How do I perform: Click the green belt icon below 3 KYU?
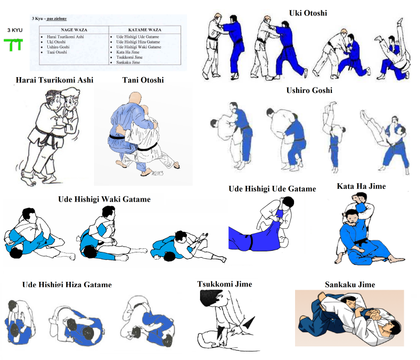pos(13,45)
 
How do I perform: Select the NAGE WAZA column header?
pos(74,30)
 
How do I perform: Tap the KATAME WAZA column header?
pos(145,30)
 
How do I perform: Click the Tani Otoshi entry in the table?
pos(57,52)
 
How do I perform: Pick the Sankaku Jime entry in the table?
pos(128,62)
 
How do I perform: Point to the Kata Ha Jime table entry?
pos(128,52)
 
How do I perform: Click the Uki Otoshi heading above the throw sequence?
pos(308,13)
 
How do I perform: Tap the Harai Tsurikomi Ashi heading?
pos(55,80)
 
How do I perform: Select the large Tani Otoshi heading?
pos(143,80)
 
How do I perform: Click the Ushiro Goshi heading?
pos(309,90)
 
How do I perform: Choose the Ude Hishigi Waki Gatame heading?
pos(104,199)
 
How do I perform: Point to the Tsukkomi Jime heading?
pos(225,284)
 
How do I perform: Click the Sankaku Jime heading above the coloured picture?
pos(350,284)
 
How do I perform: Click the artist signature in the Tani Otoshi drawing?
pos(157,173)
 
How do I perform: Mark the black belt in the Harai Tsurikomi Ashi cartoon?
pos(50,136)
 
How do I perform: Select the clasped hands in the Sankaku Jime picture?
pos(374,314)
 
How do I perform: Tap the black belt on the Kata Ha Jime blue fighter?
pos(360,243)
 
